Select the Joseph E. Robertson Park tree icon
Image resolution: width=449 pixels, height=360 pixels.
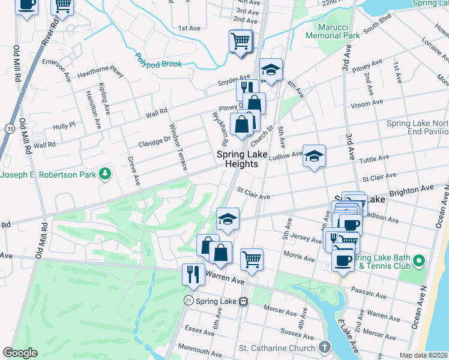pos(106,174)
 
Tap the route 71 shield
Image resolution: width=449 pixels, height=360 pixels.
pos(188,301)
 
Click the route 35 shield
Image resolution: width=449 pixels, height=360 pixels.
pos(9,128)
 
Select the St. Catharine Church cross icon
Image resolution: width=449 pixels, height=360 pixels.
pos(325,347)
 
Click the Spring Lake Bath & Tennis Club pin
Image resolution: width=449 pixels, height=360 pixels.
pos(419,260)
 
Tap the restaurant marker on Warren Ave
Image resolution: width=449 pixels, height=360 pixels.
pos(193,274)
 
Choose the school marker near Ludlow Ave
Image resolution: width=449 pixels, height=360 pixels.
pos(313,156)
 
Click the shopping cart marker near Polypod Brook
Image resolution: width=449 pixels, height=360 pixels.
pos(240,41)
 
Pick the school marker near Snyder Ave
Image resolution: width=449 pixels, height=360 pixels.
pos(271,70)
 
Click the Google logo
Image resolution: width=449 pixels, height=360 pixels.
pos(20,353)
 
